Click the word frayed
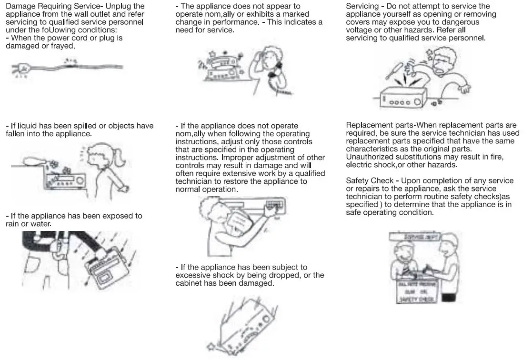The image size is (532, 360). click(63, 46)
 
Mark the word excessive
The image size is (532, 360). click(192, 275)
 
